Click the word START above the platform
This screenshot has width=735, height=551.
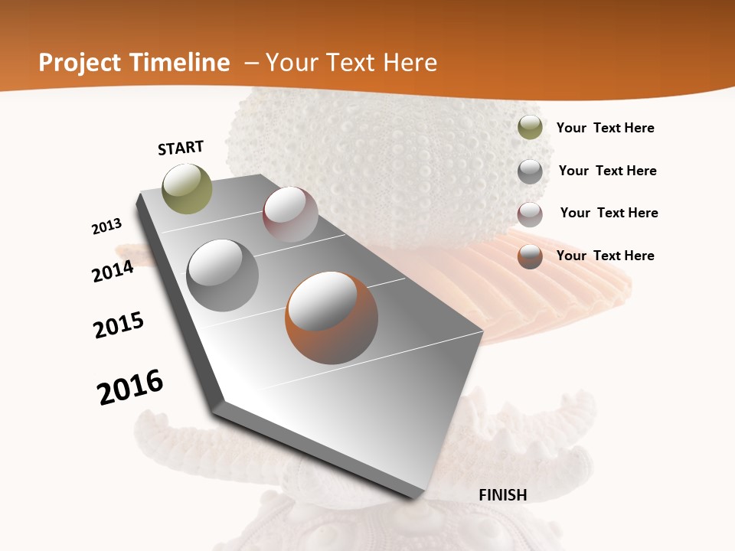coord(181,148)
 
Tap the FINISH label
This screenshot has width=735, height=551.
coord(503,495)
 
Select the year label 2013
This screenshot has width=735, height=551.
coord(107,227)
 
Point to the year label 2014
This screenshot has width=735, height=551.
coord(113,271)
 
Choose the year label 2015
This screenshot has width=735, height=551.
coord(119,325)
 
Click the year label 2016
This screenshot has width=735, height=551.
coord(130,387)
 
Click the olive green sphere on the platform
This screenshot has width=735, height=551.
coord(188,188)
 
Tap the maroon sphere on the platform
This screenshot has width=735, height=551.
coord(290,214)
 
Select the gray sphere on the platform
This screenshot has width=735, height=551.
coord(223,275)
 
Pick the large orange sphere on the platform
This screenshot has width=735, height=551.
coord(332,318)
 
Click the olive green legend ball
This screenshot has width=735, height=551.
coord(530,128)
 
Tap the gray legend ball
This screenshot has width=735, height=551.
coord(530,171)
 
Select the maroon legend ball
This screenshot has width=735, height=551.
coord(530,214)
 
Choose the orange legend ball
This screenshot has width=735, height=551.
coord(530,256)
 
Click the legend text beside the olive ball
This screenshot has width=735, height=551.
coord(606,128)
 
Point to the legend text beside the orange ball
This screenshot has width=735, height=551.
coord(606,256)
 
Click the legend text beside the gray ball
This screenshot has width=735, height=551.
coord(608,171)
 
